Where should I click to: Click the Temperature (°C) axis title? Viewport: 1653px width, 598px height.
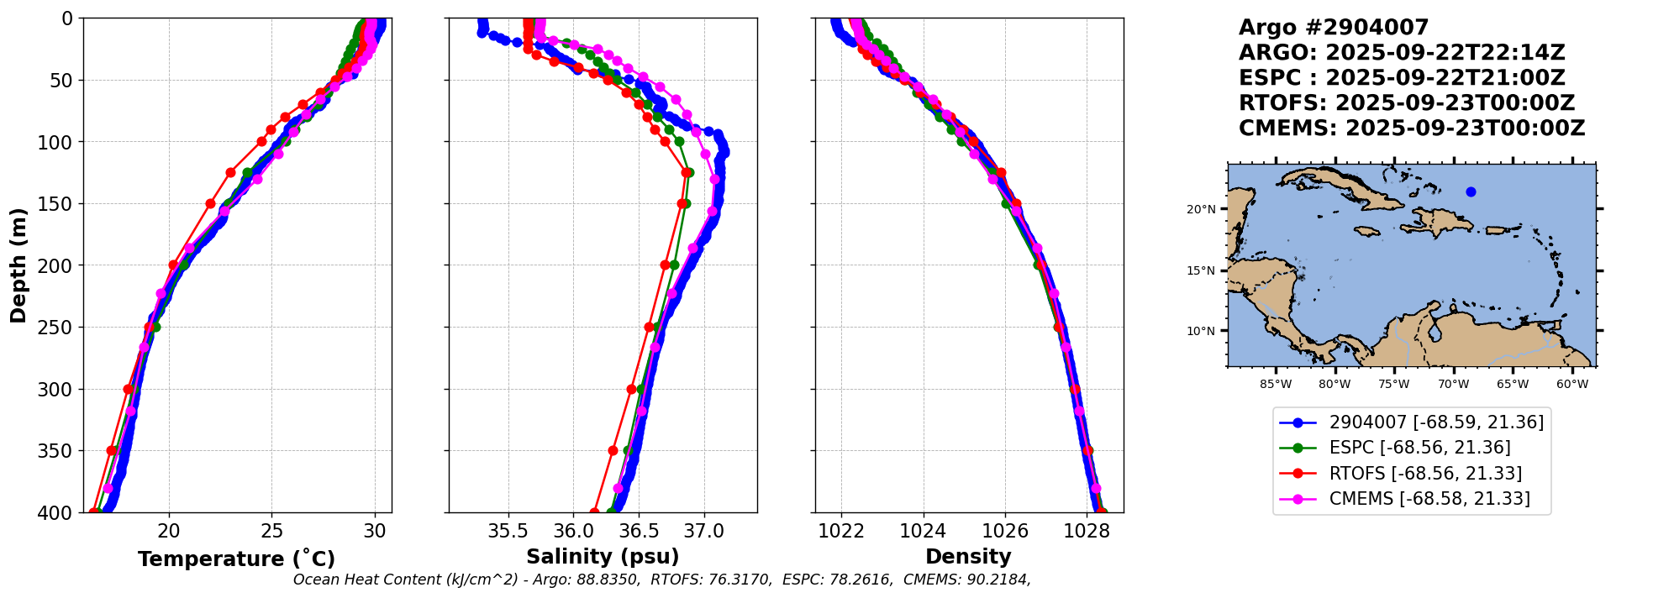tap(236, 559)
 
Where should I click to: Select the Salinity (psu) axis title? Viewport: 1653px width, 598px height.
tap(603, 557)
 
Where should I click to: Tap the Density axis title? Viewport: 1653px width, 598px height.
tap(968, 557)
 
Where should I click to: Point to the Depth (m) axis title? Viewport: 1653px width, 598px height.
tap(18, 265)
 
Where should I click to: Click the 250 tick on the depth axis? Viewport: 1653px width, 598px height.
tap(60, 328)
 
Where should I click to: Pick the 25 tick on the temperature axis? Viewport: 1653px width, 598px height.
tap(272, 531)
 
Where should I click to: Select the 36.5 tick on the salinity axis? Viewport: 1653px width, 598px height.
tap(639, 531)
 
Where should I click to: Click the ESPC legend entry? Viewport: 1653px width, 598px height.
tap(1419, 448)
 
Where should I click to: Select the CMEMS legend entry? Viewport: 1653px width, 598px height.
tap(1429, 499)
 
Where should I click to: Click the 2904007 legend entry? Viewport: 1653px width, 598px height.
tap(1436, 422)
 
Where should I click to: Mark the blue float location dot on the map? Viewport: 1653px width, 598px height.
tap(1471, 191)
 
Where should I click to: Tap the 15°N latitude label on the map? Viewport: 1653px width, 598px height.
tap(1201, 270)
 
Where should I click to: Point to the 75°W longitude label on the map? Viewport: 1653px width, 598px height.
tap(1393, 385)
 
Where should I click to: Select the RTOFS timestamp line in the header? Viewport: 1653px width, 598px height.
tap(1407, 103)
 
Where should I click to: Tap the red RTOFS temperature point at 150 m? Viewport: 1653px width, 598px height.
tap(210, 204)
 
